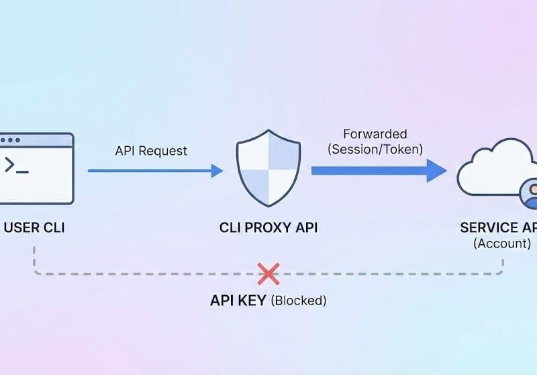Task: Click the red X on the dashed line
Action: click(268, 274)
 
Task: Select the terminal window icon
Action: click(36, 168)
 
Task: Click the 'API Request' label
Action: click(151, 150)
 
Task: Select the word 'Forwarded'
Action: click(375, 134)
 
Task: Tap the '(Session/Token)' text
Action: click(375, 150)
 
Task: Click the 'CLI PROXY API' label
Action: click(268, 227)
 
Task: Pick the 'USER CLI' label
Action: click(34, 227)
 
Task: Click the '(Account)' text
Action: click(502, 244)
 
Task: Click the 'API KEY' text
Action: click(238, 301)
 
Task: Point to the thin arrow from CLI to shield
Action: click(155, 170)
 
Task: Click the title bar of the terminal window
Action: click(37, 140)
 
